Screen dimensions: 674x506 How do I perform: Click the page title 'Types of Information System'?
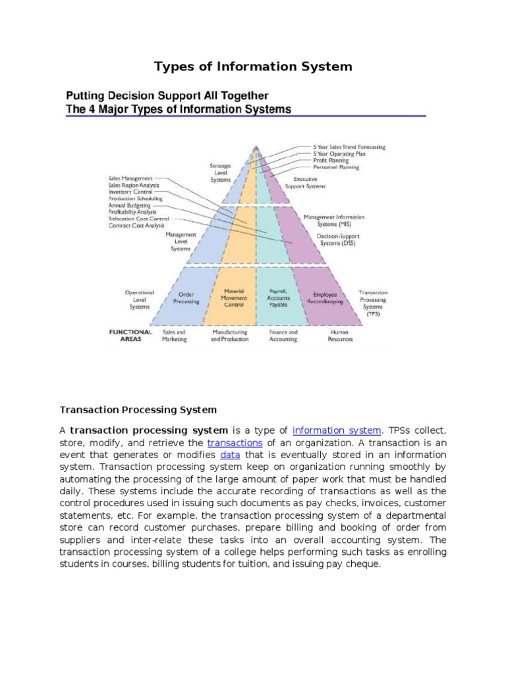[253, 66]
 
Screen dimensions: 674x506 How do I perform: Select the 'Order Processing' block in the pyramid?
[186, 298]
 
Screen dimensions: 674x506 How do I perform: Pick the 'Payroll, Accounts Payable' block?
[277, 298]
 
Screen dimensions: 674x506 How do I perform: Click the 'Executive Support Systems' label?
[305, 182]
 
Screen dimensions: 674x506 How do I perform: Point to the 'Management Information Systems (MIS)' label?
[333, 220]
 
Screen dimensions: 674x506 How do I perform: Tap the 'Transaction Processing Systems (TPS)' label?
[373, 303]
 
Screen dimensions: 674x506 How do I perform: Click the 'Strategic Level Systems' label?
[221, 173]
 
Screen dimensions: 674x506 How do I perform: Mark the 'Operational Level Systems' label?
[139, 299]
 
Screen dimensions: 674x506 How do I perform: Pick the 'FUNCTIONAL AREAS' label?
[130, 336]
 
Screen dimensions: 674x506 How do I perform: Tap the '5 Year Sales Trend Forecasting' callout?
[349, 147]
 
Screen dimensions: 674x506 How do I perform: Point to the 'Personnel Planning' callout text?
[336, 168]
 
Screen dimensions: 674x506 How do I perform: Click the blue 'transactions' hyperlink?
[235, 443]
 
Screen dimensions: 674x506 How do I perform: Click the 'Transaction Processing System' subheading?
[138, 409]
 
